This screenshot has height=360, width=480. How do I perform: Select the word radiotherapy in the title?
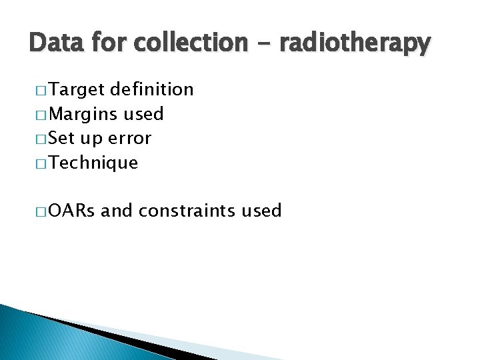pyautogui.click(x=355, y=43)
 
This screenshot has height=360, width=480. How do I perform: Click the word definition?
pyautogui.click(x=153, y=89)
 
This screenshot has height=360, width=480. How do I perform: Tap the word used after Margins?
pyautogui.click(x=143, y=114)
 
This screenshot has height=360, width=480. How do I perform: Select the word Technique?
pyautogui.click(x=94, y=163)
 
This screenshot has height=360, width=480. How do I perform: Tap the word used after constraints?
pyautogui.click(x=262, y=211)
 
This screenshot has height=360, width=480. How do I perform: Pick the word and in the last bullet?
pyautogui.click(x=117, y=211)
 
